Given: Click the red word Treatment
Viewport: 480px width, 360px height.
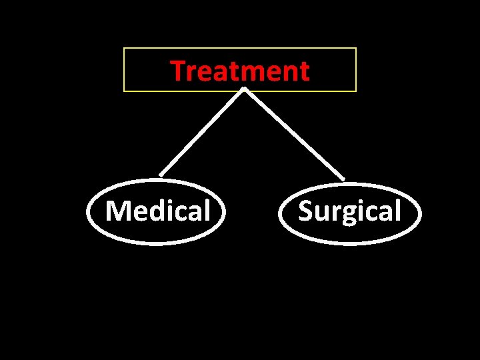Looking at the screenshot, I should click(x=240, y=71).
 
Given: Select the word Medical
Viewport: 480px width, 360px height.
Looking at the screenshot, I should click(x=158, y=211).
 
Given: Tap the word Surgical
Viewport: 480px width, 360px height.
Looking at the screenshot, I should click(x=349, y=211).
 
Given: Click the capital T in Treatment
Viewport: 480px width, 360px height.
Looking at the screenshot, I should click(x=177, y=71).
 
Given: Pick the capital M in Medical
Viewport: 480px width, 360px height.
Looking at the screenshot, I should click(x=117, y=211).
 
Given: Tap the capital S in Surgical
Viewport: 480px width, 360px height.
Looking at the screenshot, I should click(x=305, y=211).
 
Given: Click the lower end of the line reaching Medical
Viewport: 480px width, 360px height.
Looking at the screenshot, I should click(x=161, y=175).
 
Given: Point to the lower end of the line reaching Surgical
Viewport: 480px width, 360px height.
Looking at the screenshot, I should click(x=343, y=179).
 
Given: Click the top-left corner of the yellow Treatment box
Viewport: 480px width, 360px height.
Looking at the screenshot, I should click(x=124, y=48).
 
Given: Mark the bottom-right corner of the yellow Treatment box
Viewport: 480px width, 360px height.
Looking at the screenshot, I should click(x=356, y=91).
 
